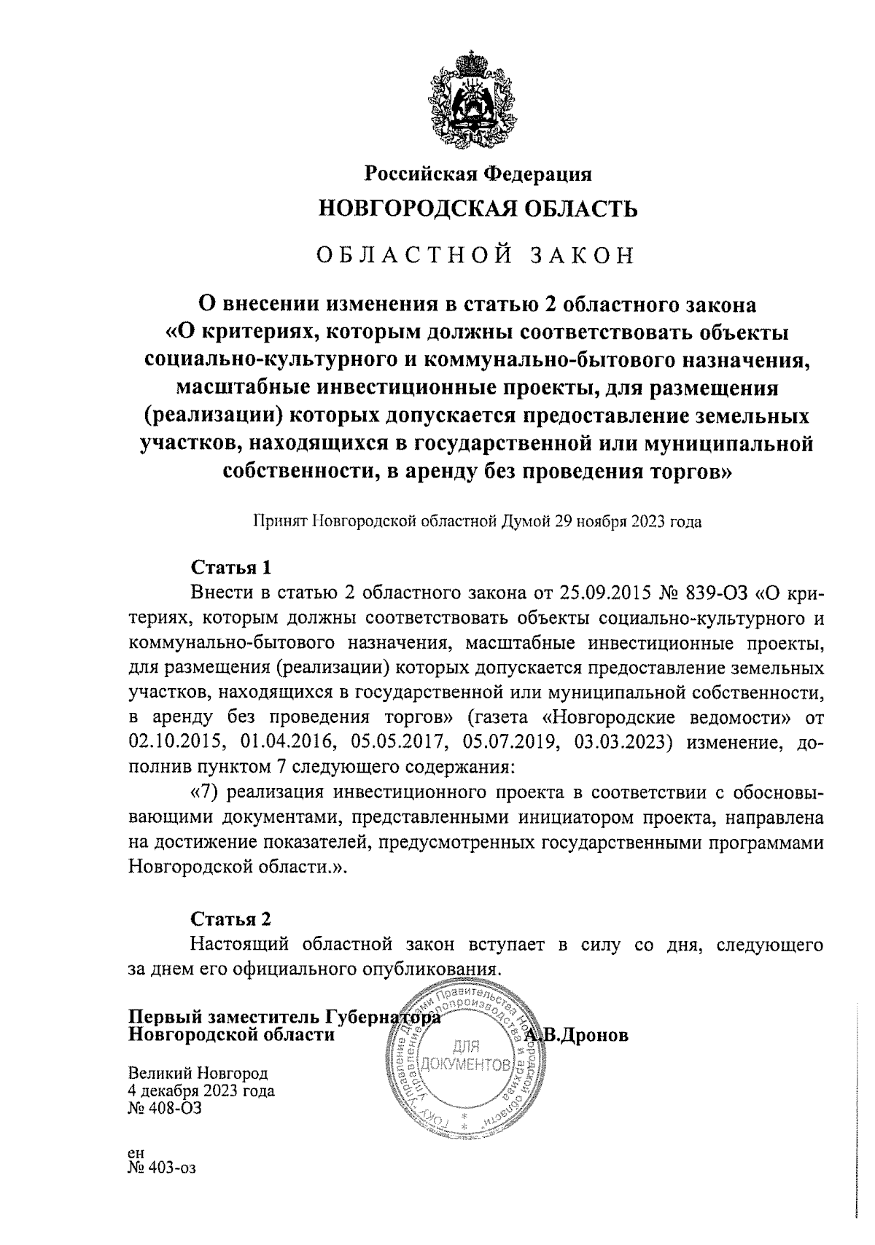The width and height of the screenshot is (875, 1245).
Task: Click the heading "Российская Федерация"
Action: click(478, 173)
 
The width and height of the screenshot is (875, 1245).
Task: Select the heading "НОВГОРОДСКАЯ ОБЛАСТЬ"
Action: click(478, 209)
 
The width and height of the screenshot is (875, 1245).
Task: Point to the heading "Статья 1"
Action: click(231, 567)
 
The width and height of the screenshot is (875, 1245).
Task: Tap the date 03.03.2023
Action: click(621, 744)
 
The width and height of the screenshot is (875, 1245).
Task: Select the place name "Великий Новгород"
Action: click(198, 1073)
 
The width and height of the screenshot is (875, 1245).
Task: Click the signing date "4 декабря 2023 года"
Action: click(201, 1091)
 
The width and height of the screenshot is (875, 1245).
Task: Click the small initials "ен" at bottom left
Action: click(136, 1152)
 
